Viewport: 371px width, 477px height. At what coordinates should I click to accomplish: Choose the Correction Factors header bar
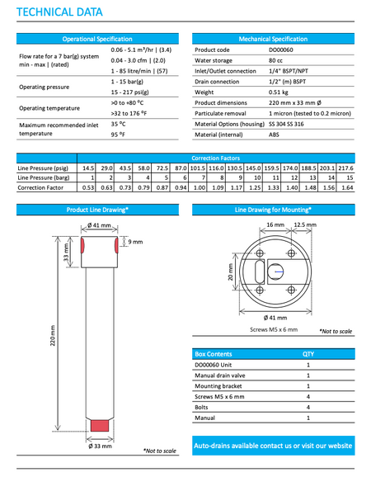click(x=215, y=157)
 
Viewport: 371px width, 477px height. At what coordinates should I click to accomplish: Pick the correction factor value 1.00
click(x=198, y=187)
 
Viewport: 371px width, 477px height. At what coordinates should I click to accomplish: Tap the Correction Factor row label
click(x=41, y=187)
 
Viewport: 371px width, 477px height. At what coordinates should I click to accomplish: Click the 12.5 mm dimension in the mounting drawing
click(x=304, y=224)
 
